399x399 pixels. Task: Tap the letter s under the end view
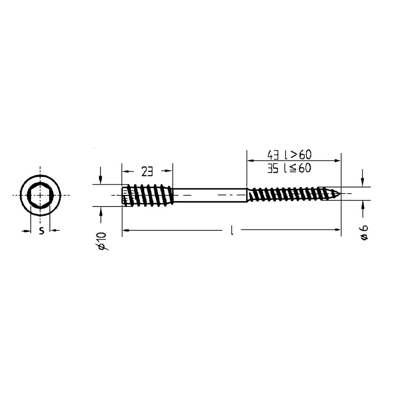41,230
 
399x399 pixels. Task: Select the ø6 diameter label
364,232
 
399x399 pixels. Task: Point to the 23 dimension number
147,172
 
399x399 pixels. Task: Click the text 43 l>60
290,154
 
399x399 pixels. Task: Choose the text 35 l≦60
289,168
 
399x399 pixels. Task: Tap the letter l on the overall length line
231,230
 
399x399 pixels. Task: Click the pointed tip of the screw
340,194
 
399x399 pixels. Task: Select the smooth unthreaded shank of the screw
210,195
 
